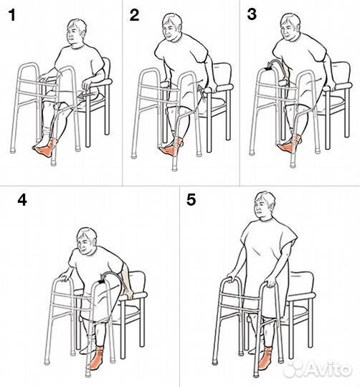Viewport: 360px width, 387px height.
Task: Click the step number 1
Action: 12,15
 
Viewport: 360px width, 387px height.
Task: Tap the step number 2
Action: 134,15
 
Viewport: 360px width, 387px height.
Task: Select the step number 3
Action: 252,14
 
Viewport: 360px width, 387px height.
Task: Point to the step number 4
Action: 22,200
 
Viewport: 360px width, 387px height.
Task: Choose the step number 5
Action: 191,200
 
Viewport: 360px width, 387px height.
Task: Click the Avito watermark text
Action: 329,370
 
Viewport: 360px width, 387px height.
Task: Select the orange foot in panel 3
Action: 290,145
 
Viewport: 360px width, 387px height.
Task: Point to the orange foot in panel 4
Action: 97,358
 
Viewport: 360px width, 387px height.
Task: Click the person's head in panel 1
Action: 76,32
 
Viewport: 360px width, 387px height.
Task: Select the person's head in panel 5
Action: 265,206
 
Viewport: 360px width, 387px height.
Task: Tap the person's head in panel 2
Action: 171,27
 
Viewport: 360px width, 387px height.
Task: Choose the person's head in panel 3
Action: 290,27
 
